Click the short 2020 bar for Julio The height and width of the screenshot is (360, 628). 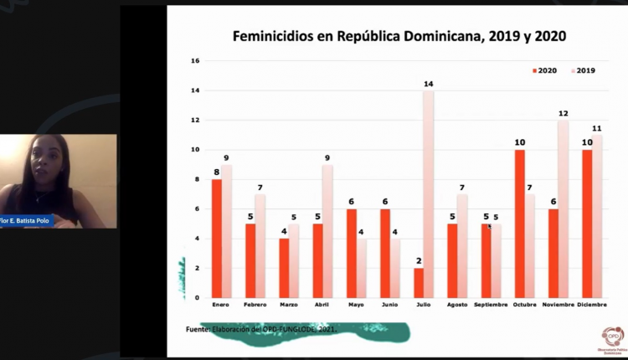click(417, 283)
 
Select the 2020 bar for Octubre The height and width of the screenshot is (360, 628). click(520, 224)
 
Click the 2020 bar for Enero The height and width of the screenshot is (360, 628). click(217, 239)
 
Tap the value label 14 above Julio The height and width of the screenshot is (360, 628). click(428, 85)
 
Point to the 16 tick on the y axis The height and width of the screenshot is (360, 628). click(195, 61)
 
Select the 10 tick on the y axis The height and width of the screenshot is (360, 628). click(195, 150)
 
